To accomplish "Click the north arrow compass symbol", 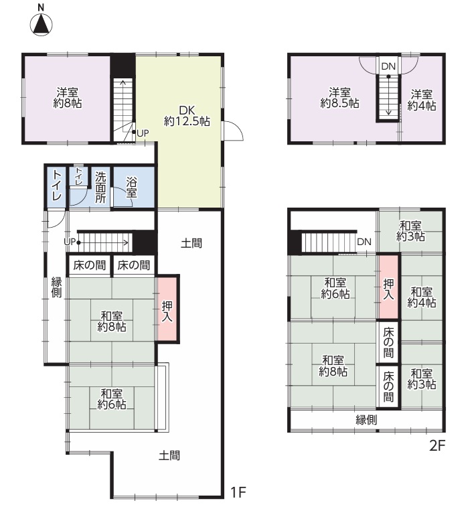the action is pyautogui.click(x=41, y=24).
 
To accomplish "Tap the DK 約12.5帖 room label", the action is pyautogui.click(x=187, y=116).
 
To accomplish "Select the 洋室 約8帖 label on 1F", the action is pyautogui.click(x=68, y=98).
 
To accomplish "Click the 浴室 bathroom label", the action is pyautogui.click(x=131, y=188).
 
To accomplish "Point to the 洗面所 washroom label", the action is pyautogui.click(x=100, y=188).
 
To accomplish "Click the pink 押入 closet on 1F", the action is pyautogui.click(x=167, y=309).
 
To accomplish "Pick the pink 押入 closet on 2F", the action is pyautogui.click(x=388, y=287).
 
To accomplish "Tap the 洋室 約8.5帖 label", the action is pyautogui.click(x=339, y=98).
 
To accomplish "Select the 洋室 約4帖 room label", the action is pyautogui.click(x=422, y=100).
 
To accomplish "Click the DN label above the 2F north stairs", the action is pyautogui.click(x=388, y=66).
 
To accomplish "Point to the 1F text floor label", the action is pyautogui.click(x=238, y=492).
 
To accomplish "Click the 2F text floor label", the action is pyautogui.click(x=437, y=446).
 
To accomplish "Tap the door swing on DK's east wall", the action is pyautogui.click(x=233, y=131).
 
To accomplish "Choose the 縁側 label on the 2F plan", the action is pyautogui.click(x=366, y=419).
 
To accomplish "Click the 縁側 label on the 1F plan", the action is pyautogui.click(x=56, y=287).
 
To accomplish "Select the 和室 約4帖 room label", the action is pyautogui.click(x=422, y=297).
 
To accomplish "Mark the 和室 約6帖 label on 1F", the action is pyautogui.click(x=112, y=398).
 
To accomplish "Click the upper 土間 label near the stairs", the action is pyautogui.click(x=191, y=243).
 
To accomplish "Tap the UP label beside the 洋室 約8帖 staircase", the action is pyautogui.click(x=143, y=133).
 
